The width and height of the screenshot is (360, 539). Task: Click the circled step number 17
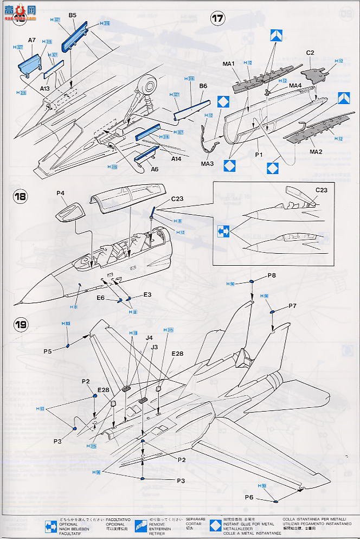[217, 19]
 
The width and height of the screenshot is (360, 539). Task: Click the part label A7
[31, 40]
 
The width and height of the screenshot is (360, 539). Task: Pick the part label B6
[203, 86]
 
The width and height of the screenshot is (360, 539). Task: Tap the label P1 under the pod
[259, 154]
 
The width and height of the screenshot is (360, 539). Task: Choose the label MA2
[316, 152]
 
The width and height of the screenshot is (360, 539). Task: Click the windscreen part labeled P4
[69, 211]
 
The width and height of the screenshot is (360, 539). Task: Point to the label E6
[101, 298]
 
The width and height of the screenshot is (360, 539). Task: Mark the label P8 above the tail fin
[272, 276]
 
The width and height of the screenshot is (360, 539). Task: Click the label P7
[292, 306]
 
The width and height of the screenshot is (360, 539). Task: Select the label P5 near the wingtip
[48, 351]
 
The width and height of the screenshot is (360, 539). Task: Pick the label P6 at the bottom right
[249, 497]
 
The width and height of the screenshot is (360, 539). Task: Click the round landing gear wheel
[147, 85]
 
